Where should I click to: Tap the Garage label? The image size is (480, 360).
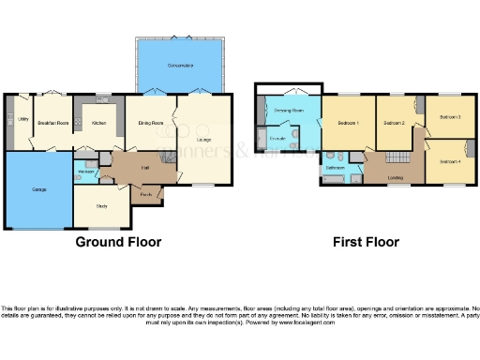pos(39,189)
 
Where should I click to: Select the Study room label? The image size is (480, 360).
pos(102,205)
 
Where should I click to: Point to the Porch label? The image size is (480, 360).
pos(147,195)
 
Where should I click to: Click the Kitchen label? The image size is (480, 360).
pos(98,123)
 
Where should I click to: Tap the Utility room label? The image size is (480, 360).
pos(18,119)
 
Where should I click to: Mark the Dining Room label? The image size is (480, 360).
pos(152,123)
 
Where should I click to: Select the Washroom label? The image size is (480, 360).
pos(85,172)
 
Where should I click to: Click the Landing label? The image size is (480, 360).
pos(396,177)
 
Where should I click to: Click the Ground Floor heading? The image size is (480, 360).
pos(118,242)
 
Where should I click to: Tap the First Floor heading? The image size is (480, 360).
pos(366,242)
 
